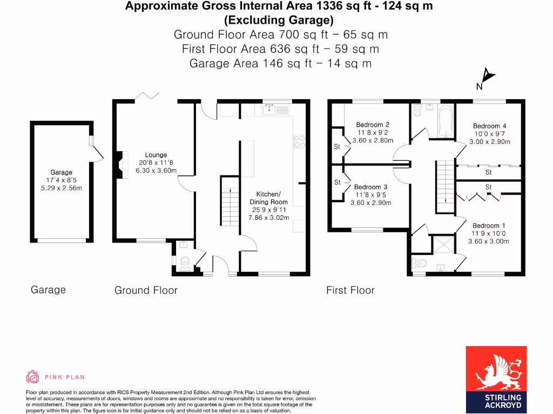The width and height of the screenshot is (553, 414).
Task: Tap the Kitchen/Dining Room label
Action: point(268,198)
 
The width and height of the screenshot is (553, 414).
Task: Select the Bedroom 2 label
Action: point(373,125)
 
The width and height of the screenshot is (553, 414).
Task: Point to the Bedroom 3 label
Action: point(370,187)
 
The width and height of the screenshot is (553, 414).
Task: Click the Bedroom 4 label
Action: point(489,126)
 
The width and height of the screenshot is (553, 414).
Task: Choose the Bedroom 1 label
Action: point(489,225)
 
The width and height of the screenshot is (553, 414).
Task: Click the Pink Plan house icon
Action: point(32,377)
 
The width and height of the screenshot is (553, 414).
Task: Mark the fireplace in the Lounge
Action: point(118,164)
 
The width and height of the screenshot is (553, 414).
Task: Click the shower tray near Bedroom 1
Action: point(443,244)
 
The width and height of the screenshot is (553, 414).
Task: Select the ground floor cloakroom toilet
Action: point(185,263)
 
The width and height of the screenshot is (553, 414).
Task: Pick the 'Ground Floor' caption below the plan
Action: point(146,291)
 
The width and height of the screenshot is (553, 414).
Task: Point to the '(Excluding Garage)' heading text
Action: point(279,20)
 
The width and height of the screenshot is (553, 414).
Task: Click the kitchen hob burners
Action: point(298,141)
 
